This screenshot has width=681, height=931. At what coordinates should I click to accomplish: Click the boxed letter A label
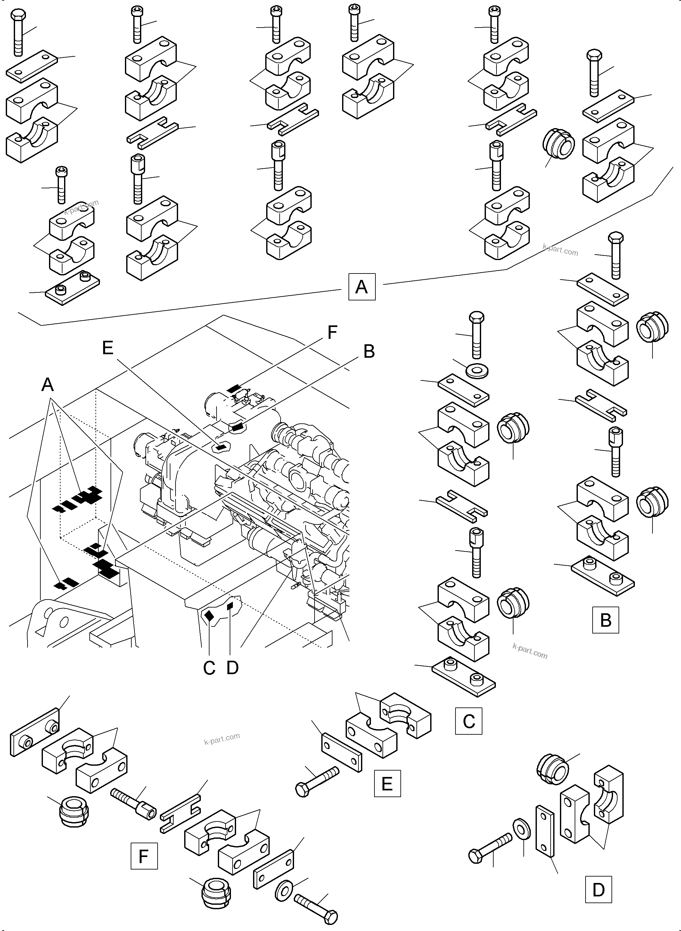click(x=362, y=286)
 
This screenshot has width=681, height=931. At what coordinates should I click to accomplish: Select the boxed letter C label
click(x=468, y=721)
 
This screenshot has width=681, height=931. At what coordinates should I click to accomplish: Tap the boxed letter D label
click(x=598, y=889)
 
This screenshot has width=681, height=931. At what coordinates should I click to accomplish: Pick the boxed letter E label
click(x=387, y=783)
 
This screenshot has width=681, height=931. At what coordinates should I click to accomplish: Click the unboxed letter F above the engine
click(x=332, y=332)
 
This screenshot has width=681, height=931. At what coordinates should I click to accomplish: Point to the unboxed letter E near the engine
click(x=108, y=348)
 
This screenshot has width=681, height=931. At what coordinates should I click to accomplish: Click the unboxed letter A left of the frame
click(x=48, y=385)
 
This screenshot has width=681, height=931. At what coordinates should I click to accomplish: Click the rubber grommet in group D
click(x=553, y=770)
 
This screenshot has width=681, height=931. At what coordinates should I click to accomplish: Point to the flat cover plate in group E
click(x=342, y=757)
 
